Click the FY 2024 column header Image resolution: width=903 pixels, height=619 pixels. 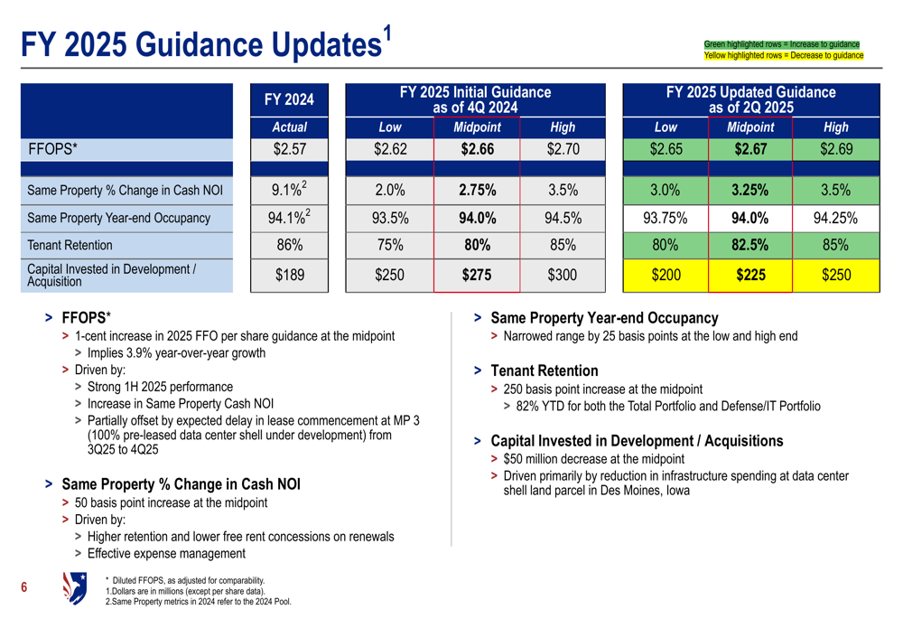coord(289,100)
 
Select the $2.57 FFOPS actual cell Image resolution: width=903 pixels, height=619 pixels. coord(289,149)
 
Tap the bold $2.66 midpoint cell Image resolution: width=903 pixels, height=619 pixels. coord(477,149)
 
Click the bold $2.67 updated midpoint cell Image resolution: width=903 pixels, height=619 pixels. coord(750,149)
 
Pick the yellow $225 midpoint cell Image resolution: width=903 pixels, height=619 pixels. coord(750,276)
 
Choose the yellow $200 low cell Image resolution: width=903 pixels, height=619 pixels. coord(666,276)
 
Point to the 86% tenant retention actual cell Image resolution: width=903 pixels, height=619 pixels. coord(289,245)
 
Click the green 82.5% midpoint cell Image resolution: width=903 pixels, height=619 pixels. coord(750,245)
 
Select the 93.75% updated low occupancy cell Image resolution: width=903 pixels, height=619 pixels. coord(666,218)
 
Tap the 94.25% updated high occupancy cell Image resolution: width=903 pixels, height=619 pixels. coord(835,218)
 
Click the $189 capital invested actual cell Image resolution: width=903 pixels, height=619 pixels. coord(289,276)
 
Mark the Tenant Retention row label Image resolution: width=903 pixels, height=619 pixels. coord(70,245)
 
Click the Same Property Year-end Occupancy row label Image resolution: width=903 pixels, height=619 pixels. coord(118,218)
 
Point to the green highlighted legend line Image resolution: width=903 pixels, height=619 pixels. coord(782,44)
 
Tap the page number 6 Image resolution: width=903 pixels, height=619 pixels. coord(24,589)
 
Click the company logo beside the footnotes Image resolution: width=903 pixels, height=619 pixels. coord(75,588)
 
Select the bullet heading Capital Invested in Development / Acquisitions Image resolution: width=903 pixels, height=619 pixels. coord(637,441)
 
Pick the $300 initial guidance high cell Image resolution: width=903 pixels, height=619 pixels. coord(562,276)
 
